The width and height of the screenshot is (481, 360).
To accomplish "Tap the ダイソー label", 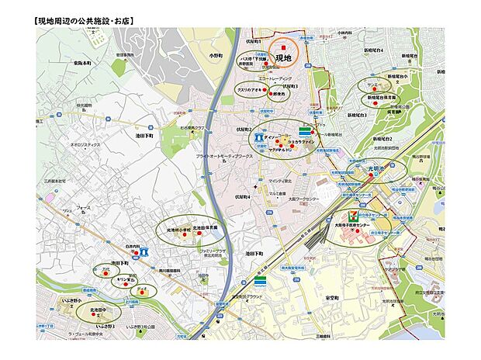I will click(272, 136).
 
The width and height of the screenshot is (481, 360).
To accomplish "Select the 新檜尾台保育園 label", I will click(384, 97).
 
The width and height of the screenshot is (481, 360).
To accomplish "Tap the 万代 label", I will click(106, 268).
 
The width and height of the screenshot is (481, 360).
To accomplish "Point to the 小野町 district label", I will click(216, 56).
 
